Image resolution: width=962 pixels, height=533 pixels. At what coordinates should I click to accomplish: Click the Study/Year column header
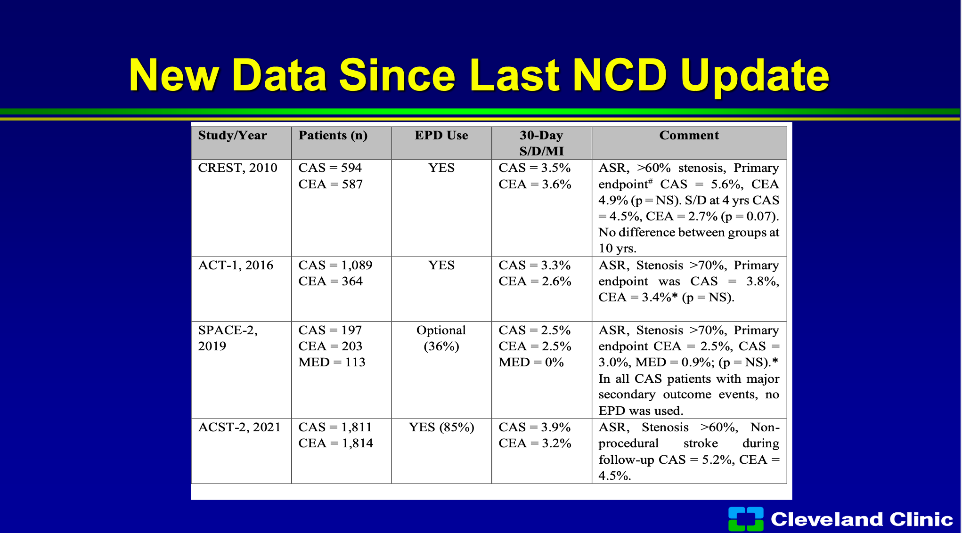pyautogui.click(x=232, y=136)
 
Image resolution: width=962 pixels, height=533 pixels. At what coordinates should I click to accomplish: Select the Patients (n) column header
pyautogui.click(x=333, y=136)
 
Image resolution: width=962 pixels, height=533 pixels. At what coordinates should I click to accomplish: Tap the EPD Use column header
pyautogui.click(x=441, y=136)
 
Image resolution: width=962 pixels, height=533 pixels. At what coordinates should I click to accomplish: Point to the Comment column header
pyautogui.click(x=689, y=136)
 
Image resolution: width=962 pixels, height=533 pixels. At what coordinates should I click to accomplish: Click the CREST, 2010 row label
pyautogui.click(x=237, y=168)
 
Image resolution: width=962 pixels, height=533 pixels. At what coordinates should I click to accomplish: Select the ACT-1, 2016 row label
pyautogui.click(x=236, y=265)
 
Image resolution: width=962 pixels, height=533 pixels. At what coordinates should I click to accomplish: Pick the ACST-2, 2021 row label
pyautogui.click(x=239, y=427)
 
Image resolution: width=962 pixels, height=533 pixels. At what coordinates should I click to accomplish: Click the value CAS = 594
pyautogui.click(x=330, y=168)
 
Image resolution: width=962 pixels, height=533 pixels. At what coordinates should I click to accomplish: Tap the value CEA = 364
pyautogui.click(x=330, y=281)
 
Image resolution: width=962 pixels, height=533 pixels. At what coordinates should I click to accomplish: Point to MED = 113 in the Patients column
pyautogui.click(x=332, y=362)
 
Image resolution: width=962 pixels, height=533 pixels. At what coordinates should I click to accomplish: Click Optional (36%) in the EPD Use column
pyautogui.click(x=441, y=338)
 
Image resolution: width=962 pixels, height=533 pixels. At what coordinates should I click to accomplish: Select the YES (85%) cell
pyautogui.click(x=441, y=427)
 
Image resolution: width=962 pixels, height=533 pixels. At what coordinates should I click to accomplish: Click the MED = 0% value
pyautogui.click(x=531, y=362)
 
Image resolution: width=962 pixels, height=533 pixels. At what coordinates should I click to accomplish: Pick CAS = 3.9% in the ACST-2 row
pyautogui.click(x=535, y=427)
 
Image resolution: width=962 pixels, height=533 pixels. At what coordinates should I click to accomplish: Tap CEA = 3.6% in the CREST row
pyautogui.click(x=535, y=184)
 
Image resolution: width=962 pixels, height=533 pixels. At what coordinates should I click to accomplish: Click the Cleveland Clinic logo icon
pyautogui.click(x=746, y=519)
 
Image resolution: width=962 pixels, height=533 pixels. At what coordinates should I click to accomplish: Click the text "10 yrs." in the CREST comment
pyautogui.click(x=617, y=248)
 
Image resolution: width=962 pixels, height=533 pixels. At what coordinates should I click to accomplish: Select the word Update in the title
pyautogui.click(x=755, y=76)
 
